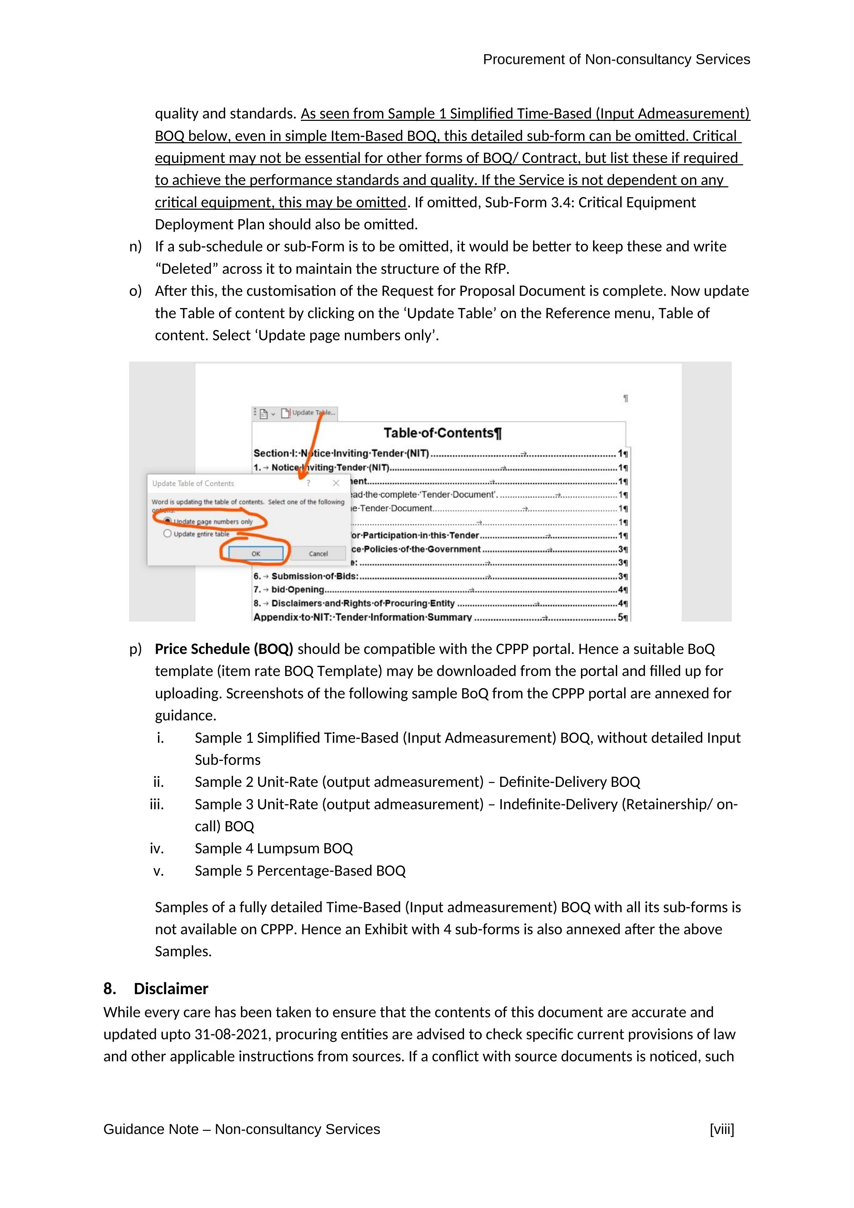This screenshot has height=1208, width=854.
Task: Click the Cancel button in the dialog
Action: click(318, 553)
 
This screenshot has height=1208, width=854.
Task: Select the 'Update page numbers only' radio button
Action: click(168, 521)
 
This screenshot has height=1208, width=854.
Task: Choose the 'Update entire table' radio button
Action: click(168, 533)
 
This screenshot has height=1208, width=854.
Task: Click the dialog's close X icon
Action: click(336, 483)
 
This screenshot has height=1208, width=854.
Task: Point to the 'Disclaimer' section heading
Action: click(171, 989)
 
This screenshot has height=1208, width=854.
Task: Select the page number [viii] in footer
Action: click(721, 1129)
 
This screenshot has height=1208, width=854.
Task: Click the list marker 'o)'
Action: click(135, 291)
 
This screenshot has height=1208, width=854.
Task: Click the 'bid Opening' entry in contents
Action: click(297, 590)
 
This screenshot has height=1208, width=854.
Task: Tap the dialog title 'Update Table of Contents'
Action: click(193, 483)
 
